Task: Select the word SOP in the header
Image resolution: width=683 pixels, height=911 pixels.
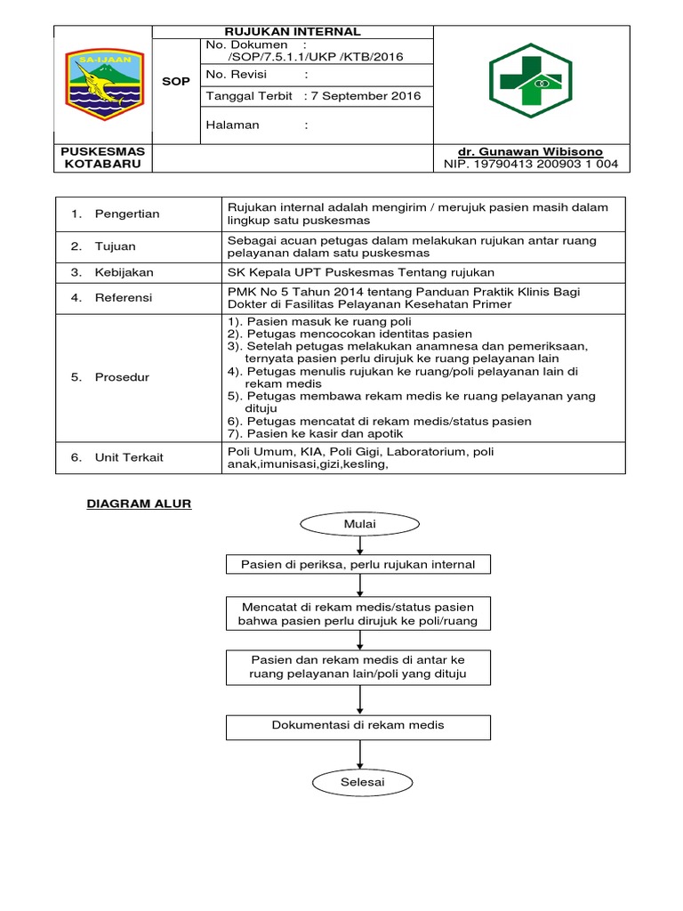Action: pos(175,82)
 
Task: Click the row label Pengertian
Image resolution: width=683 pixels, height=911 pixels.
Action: pos(127,214)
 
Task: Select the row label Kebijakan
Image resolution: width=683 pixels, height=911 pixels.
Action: pos(125,271)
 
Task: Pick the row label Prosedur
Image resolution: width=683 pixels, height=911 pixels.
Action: pos(122,377)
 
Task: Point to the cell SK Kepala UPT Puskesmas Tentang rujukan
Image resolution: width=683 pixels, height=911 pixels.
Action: pos(356,271)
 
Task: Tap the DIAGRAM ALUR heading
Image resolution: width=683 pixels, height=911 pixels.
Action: pos(139,504)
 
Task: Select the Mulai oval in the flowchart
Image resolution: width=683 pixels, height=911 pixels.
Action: pos(359,525)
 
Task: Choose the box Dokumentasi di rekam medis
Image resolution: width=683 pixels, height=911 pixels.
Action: pos(358,726)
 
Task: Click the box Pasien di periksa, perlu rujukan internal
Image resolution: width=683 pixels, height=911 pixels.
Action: pos(358,564)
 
